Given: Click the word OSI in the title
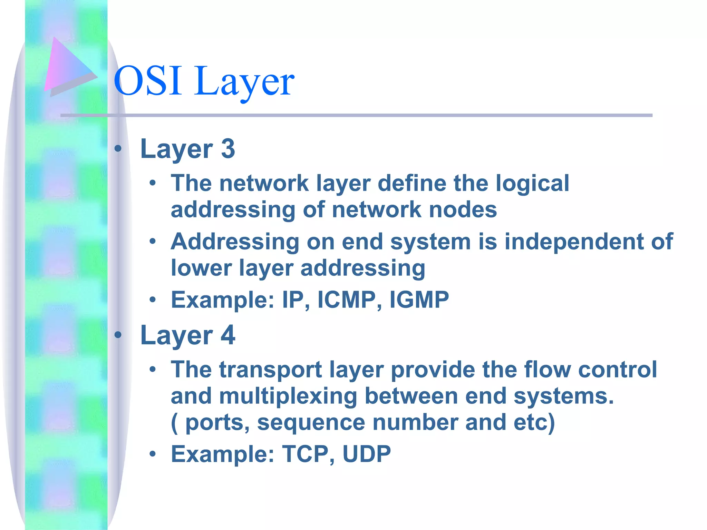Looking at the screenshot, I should click(x=148, y=81).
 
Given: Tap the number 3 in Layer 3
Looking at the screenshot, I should click(x=228, y=149).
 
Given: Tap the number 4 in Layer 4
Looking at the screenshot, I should click(x=228, y=335).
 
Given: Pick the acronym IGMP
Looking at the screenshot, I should click(x=419, y=300).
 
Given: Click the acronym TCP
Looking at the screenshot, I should click(x=306, y=454).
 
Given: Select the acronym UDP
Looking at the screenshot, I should click(x=366, y=454).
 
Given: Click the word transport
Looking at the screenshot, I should click(x=271, y=370).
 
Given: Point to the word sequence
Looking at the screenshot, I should click(x=311, y=422).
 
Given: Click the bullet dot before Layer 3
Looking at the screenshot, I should click(x=118, y=149).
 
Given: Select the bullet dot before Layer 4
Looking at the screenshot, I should click(x=118, y=335).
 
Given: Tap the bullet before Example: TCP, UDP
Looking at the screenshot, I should click(x=153, y=454).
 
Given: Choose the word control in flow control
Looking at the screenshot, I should click(x=617, y=370).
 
